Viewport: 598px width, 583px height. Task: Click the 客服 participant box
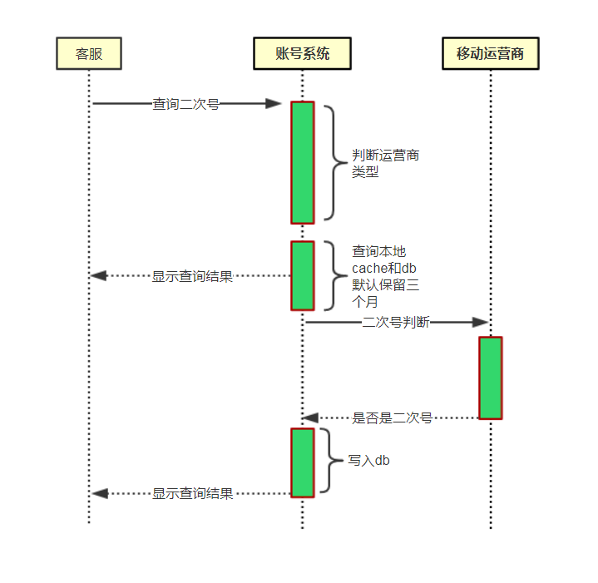pos(88,54)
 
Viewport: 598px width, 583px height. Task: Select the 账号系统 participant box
pos(302,54)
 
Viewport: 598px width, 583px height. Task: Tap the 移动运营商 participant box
pos(490,54)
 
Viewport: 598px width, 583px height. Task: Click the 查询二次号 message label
pos(185,104)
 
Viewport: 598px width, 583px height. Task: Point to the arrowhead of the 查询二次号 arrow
pos(274,104)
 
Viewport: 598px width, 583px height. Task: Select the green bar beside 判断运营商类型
pos(302,162)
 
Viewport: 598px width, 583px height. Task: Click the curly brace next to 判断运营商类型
pos(332,162)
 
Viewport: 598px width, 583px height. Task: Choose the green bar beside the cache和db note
pos(302,275)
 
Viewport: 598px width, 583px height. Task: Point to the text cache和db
pos(384,268)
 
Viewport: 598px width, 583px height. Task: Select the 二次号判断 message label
pos(395,323)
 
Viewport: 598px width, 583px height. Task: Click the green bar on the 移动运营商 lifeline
pos(490,378)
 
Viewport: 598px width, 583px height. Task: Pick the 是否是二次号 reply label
pos(392,418)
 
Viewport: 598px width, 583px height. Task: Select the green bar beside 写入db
pos(302,462)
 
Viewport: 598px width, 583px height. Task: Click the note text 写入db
pos(368,460)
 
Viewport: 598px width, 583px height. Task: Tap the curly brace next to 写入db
pos(329,461)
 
